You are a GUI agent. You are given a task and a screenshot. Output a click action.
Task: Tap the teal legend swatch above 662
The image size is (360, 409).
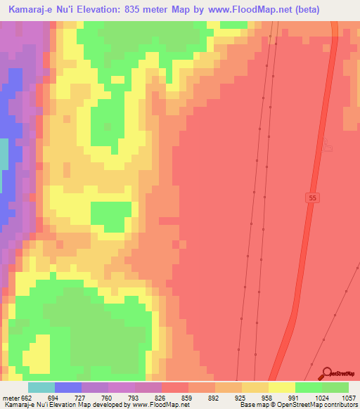click(x=41, y=387)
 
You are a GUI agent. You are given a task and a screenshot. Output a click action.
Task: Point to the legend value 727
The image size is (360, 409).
click(x=94, y=397)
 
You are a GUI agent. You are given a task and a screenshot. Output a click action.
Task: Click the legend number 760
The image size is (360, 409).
click(x=121, y=397)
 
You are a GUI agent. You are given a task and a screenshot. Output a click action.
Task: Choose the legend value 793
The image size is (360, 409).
click(x=148, y=397)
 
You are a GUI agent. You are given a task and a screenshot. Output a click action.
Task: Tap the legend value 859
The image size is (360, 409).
click(x=201, y=397)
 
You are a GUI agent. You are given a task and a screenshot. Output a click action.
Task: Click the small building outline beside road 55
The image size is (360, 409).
click(x=326, y=147)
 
